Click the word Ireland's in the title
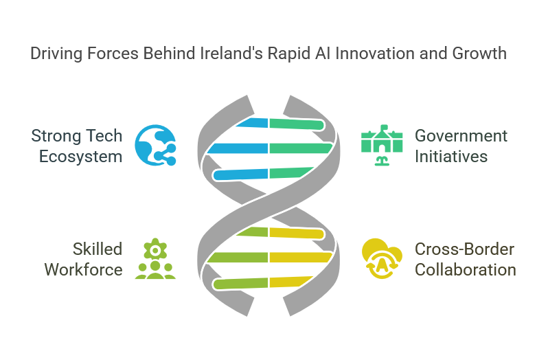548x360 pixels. tap(231, 54)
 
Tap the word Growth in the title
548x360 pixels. tap(479, 54)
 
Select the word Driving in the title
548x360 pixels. tap(56, 54)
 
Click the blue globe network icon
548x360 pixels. tap(155, 145)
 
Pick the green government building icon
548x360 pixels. tap(382, 145)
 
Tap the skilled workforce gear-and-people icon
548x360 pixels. tap(155, 258)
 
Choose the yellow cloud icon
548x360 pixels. tap(382, 258)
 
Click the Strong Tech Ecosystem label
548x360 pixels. tap(76, 146)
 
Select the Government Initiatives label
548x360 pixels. tap(461, 146)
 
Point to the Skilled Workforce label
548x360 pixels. tap(83, 260)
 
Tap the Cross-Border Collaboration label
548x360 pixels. tap(465, 260)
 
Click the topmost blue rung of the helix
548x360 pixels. tap(252, 123)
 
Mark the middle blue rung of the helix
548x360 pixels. tap(238, 148)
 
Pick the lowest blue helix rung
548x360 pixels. tap(240, 174)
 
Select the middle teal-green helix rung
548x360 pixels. tap(301, 148)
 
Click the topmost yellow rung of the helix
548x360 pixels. tap(297, 233)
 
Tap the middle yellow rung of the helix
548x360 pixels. tap(301, 257)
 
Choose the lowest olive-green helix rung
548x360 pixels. tap(240, 284)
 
